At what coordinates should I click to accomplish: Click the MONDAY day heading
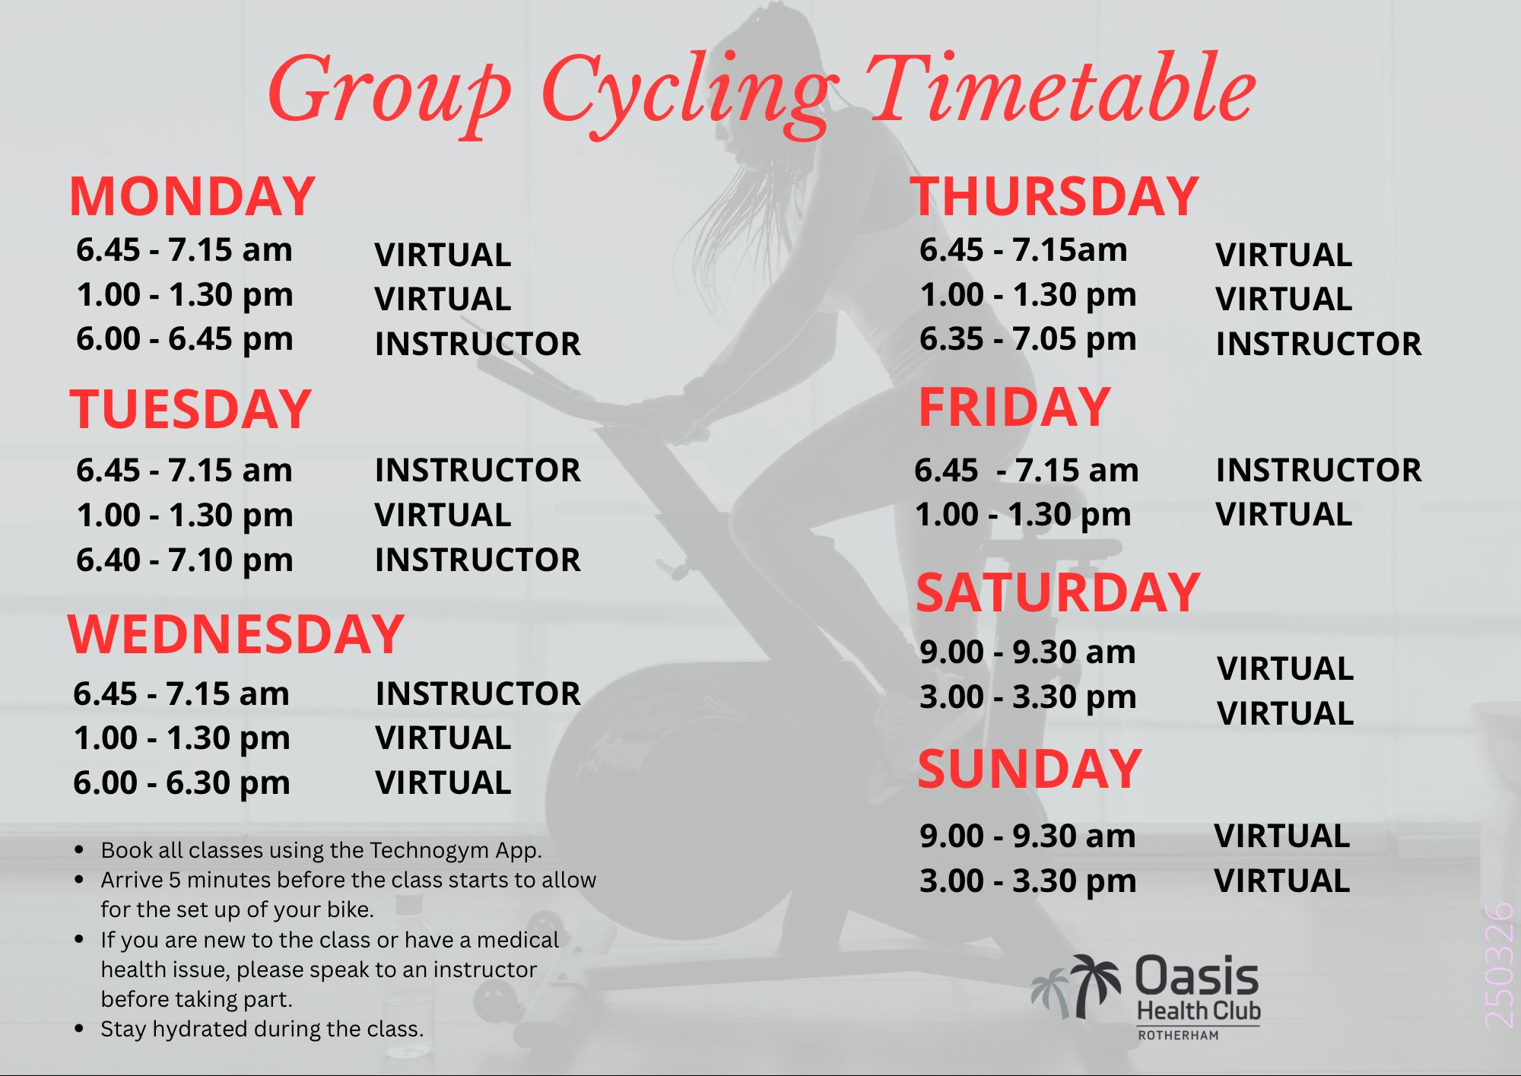[x=192, y=196]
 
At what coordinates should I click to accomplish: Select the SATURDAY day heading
[x=1058, y=592]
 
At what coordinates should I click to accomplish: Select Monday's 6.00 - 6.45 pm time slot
[x=184, y=339]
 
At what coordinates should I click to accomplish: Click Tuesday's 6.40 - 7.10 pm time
[x=184, y=560]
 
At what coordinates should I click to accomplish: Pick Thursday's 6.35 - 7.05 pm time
[x=1027, y=339]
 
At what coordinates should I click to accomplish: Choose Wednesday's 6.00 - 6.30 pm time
[x=182, y=783]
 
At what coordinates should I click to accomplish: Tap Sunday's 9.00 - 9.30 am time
[x=1027, y=836]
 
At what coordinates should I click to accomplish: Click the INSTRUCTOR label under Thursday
[x=1319, y=344]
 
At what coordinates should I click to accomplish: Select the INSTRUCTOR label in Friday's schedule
[x=1319, y=470]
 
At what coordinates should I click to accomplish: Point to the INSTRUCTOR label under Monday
[x=478, y=344]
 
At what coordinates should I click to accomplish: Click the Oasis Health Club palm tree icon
[x=1076, y=986]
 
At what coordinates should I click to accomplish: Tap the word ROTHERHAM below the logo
[x=1178, y=1035]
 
